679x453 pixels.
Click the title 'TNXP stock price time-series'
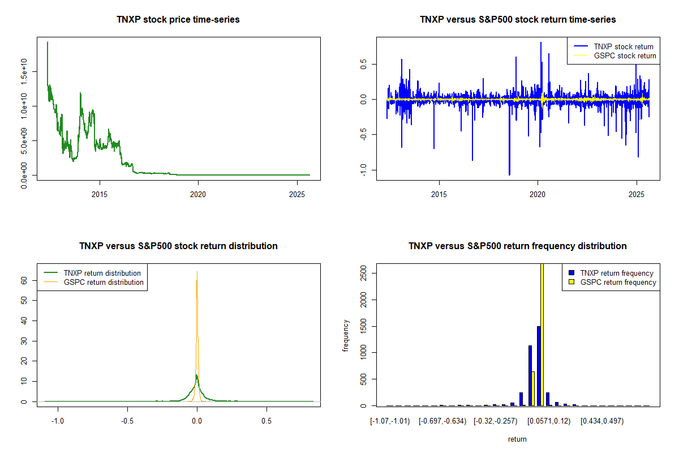[178, 20]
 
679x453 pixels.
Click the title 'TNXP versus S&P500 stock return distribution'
[178, 246]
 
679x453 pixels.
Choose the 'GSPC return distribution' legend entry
[104, 282]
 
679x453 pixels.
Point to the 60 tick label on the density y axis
[24, 280]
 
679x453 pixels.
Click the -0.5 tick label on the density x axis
[127, 421]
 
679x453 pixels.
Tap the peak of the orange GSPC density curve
[197, 272]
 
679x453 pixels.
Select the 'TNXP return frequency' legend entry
[617, 273]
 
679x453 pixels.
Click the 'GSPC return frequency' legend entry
[618, 282]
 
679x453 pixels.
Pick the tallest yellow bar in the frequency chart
[542, 334]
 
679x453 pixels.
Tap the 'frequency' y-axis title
[346, 335]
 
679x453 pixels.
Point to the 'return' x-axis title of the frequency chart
[517, 439]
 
